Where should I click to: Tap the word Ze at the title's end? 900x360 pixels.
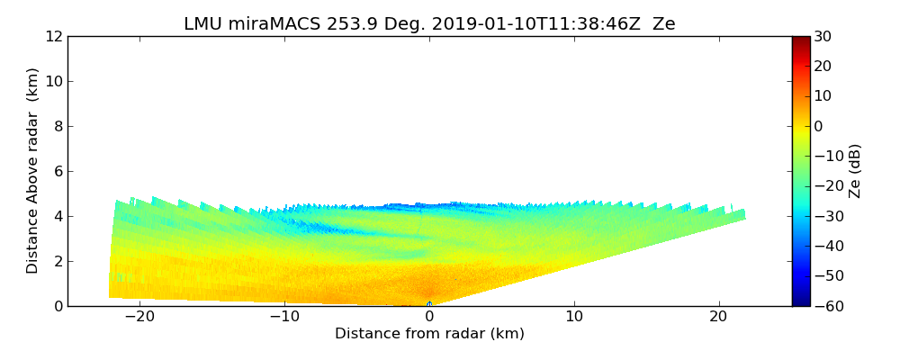coord(663,24)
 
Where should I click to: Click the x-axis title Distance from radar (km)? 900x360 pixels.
coord(429,334)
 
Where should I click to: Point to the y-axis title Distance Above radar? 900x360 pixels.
coord(33,171)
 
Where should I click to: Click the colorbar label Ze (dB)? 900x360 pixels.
coord(855,171)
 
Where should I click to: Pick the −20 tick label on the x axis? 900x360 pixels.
coord(139,317)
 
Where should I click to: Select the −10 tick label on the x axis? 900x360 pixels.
coord(284,317)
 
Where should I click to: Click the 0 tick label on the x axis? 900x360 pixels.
coord(429,317)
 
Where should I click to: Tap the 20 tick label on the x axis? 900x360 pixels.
coord(718,317)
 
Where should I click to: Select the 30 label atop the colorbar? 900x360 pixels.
coord(823,37)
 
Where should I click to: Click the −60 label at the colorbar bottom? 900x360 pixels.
coord(826,306)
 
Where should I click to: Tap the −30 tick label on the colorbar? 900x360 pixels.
coord(826,216)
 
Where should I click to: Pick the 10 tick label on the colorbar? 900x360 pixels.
coord(823,96)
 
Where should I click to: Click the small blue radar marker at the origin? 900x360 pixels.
coord(429,304)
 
